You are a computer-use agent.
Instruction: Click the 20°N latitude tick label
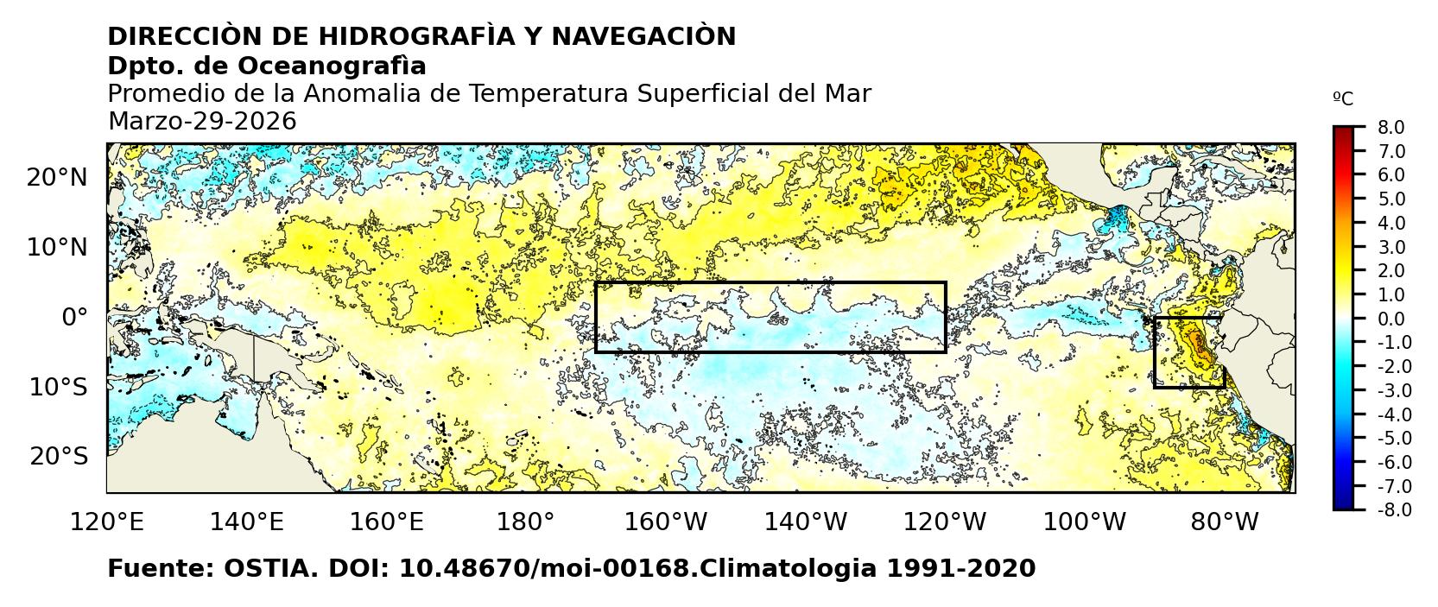57,178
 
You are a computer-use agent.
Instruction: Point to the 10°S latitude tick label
59,387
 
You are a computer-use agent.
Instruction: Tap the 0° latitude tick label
74,317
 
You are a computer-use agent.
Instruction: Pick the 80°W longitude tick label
1224,522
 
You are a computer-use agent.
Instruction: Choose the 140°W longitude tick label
810,522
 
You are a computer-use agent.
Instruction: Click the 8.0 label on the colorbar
1390,128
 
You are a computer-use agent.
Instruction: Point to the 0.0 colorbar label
1390,319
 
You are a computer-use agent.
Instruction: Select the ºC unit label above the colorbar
1343,99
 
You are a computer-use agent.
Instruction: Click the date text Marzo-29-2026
201,122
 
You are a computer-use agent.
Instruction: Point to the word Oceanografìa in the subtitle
332,66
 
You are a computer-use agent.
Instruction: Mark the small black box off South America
1188,352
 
